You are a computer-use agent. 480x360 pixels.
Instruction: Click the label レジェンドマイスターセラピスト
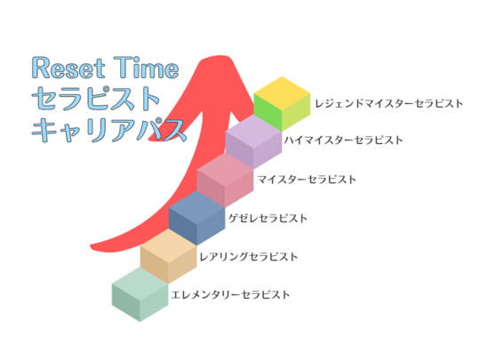coord(389,103)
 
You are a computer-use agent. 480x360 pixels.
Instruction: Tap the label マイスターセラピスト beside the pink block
coord(307,180)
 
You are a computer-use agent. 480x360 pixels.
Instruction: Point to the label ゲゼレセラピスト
coord(268,218)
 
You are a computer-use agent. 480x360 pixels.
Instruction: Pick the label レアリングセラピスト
coord(248,257)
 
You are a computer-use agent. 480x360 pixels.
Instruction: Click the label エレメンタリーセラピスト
coord(230,294)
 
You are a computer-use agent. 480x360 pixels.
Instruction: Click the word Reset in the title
coord(61,68)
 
